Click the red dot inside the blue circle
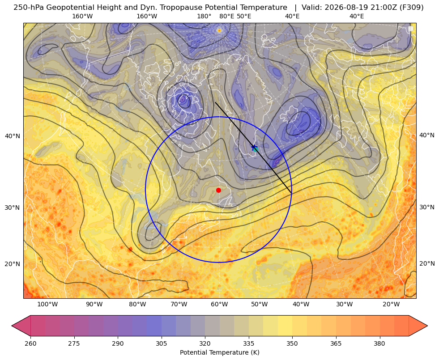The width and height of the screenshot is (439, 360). [219, 190]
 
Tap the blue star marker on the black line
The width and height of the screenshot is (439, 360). [254, 147]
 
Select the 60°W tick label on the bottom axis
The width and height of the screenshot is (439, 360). [219, 304]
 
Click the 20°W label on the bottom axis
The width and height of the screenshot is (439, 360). [391, 304]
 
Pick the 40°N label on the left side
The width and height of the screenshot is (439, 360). [13, 136]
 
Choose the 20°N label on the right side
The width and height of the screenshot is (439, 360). [427, 263]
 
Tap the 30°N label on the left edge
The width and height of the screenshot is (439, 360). [13, 208]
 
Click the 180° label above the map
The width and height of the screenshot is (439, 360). [205, 16]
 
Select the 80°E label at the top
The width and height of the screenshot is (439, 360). [227, 16]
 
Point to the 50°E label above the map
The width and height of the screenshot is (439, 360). [244, 16]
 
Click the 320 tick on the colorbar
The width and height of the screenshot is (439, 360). [205, 343]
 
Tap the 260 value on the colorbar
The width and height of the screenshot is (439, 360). [30, 343]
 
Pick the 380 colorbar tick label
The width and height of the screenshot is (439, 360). [379, 343]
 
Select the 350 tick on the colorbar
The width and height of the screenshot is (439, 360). [292, 343]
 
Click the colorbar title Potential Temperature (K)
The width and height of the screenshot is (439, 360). [219, 352]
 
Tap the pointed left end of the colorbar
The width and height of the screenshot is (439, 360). [12, 326]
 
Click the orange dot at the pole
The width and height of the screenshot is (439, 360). [219, 30]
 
